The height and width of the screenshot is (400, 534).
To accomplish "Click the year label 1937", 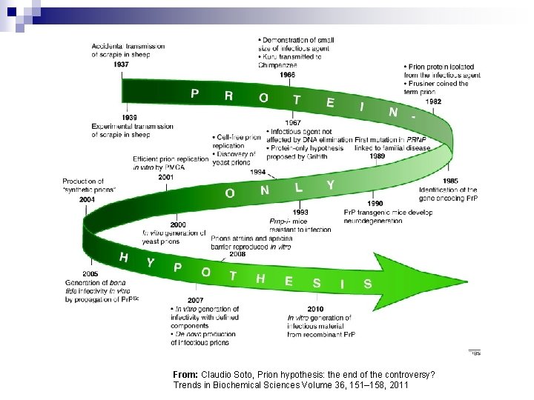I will click(x=122, y=64).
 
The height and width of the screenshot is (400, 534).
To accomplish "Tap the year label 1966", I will click(x=289, y=75).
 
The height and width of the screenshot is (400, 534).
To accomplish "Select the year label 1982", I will click(x=433, y=101).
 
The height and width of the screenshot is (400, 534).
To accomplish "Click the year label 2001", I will click(x=166, y=177).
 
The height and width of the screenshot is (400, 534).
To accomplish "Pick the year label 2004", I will click(x=88, y=199).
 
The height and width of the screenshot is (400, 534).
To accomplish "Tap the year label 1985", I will click(x=450, y=181).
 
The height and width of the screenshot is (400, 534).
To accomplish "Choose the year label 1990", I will click(x=375, y=204).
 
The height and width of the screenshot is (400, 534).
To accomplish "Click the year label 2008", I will click(x=237, y=253).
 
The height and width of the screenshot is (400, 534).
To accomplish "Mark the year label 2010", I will click(x=315, y=308).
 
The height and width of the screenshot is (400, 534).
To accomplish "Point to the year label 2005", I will click(x=90, y=274).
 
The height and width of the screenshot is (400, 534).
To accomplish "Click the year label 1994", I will click(x=257, y=171).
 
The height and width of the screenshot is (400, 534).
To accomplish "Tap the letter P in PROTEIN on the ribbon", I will click(x=194, y=93).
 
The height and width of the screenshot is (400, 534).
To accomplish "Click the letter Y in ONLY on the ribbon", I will click(x=330, y=184).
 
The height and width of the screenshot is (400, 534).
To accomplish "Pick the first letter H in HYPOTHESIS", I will click(x=124, y=257).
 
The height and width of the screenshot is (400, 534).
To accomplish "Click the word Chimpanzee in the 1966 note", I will click(x=277, y=64).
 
